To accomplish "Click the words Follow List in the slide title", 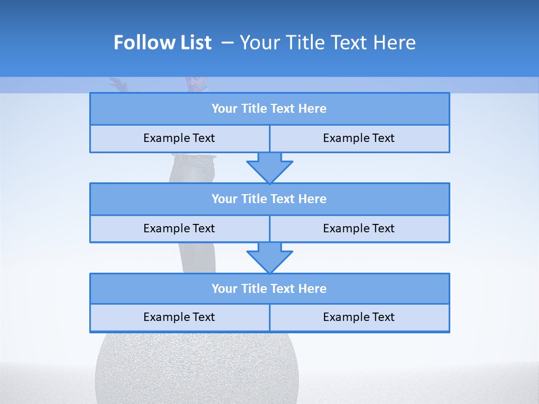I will (x=162, y=43).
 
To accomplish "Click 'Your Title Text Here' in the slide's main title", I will (x=327, y=43).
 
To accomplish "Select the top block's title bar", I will (x=269, y=109).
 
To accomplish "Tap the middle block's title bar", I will (x=269, y=199).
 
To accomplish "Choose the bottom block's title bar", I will (x=269, y=288).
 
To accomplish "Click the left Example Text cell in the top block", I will (x=179, y=138).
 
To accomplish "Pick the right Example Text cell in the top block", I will (x=359, y=138).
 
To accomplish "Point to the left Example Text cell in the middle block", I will (x=179, y=228).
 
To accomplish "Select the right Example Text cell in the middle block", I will (x=359, y=228).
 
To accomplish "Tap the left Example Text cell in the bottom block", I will (x=179, y=317).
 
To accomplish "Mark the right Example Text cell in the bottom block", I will (x=359, y=317).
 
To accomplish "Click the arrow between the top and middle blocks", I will (x=269, y=167).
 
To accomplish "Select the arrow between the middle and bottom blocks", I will (x=269, y=258).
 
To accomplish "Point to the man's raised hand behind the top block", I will (x=118, y=84).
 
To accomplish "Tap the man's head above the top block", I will (x=195, y=84).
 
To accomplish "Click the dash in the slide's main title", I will (x=227, y=43).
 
